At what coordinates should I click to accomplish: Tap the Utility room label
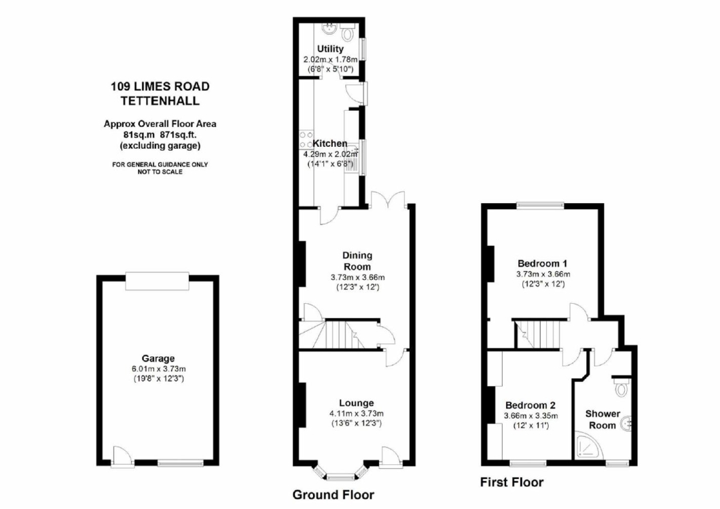click(x=330, y=49)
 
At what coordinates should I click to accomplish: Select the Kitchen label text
click(x=329, y=143)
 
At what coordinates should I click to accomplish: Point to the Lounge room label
click(x=357, y=403)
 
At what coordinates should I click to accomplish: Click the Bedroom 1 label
click(x=542, y=263)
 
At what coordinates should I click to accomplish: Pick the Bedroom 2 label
click(x=530, y=405)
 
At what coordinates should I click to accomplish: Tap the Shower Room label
click(x=602, y=419)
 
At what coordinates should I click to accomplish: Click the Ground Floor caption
click(x=334, y=495)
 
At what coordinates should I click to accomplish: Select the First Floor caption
click(x=512, y=482)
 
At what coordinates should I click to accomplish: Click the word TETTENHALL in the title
click(x=160, y=101)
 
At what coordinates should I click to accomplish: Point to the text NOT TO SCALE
click(x=160, y=172)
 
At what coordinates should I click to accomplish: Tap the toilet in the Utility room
click(x=348, y=32)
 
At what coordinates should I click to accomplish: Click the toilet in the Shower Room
click(x=622, y=388)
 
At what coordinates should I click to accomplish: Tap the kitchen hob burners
click(x=305, y=140)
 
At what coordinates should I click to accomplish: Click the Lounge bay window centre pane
click(x=340, y=477)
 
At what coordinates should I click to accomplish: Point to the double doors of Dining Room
click(x=389, y=200)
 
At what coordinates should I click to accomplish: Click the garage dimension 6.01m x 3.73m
click(x=158, y=369)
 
